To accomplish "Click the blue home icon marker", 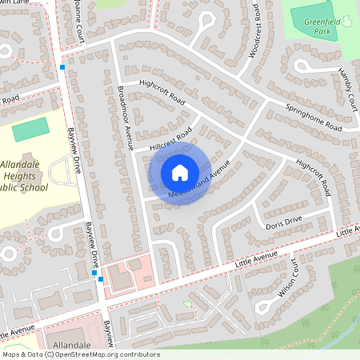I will [x=179, y=172].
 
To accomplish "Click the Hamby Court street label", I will [x=347, y=89].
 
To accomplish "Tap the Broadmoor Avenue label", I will [x=124, y=116].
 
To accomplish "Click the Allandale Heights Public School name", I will [x=24, y=176].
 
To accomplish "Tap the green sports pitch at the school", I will [x=30, y=128].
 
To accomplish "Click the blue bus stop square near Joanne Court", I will [x=62, y=67].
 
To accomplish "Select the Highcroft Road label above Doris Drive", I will [x=313, y=175].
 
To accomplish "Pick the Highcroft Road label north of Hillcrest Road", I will [x=162, y=92].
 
